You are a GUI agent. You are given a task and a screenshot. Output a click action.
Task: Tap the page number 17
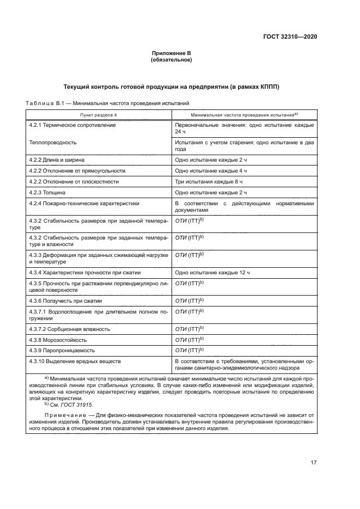(x=314, y=463)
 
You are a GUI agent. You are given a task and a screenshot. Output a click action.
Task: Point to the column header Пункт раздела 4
(x=99, y=115)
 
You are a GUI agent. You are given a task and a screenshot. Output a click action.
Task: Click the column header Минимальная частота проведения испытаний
(x=243, y=115)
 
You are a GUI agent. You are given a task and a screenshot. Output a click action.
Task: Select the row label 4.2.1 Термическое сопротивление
(x=72, y=125)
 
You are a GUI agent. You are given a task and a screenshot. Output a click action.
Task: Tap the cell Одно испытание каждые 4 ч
(x=211, y=170)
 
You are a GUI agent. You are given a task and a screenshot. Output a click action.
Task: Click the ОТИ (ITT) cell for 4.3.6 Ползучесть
(x=189, y=301)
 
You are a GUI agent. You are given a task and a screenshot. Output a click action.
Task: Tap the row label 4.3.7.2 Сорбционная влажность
(x=70, y=329)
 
